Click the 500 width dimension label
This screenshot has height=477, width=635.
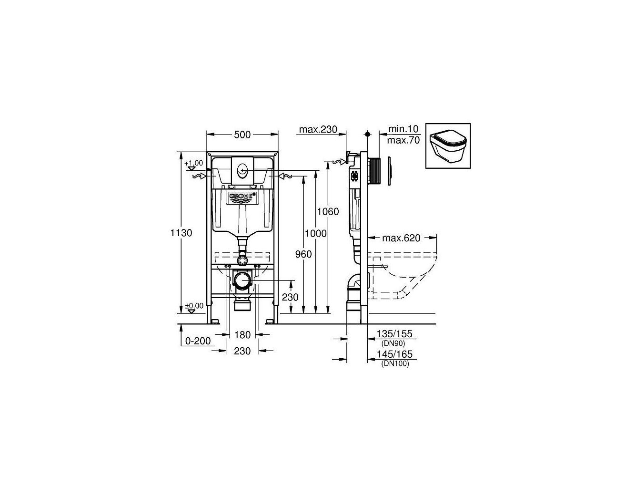(x=242, y=135)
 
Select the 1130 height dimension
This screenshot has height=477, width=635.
(x=181, y=233)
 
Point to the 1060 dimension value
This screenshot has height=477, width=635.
(x=328, y=212)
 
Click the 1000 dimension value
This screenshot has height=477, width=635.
(x=316, y=233)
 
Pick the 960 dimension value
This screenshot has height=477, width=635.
(x=303, y=254)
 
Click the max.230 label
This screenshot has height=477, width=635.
(x=318, y=129)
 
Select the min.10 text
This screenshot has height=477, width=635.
(x=403, y=129)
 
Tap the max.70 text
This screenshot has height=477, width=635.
(x=403, y=140)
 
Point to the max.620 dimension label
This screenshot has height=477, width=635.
(x=401, y=238)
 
